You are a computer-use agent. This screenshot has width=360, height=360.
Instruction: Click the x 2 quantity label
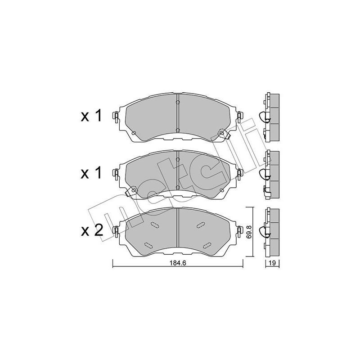[x=92, y=231]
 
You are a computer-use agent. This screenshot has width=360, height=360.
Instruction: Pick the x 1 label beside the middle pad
[x=92, y=173]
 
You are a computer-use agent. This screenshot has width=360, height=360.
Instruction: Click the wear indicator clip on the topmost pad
[x=222, y=133]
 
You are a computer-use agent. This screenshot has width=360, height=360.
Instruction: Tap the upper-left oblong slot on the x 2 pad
[x=155, y=225]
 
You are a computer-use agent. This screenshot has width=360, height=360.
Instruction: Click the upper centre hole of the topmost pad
[x=178, y=103]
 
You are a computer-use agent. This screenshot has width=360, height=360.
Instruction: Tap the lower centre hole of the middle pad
[x=178, y=188]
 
